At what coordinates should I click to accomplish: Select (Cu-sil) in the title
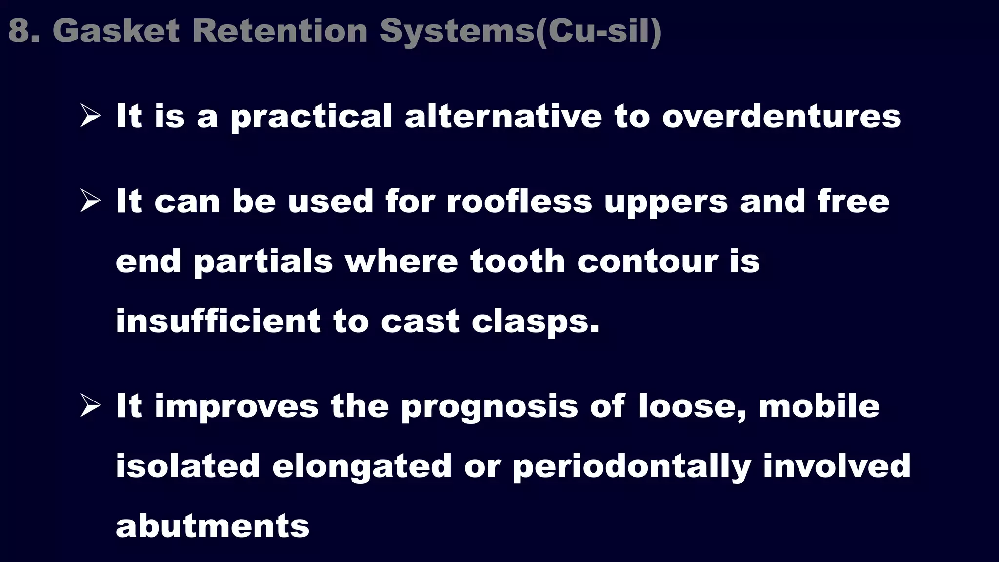coord(599,31)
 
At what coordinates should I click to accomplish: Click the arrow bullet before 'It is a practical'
coord(90,117)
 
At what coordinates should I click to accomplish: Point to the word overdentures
coord(781,117)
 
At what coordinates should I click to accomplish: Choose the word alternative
coord(503,117)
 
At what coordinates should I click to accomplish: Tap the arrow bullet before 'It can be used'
coord(90,201)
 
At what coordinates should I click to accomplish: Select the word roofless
coord(519,201)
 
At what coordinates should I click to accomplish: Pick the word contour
coord(648,261)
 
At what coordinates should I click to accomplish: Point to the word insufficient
coord(218,321)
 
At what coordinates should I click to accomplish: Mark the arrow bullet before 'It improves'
coord(90,406)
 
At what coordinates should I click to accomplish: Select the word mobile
coord(819,406)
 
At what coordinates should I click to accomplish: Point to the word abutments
coord(212,526)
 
